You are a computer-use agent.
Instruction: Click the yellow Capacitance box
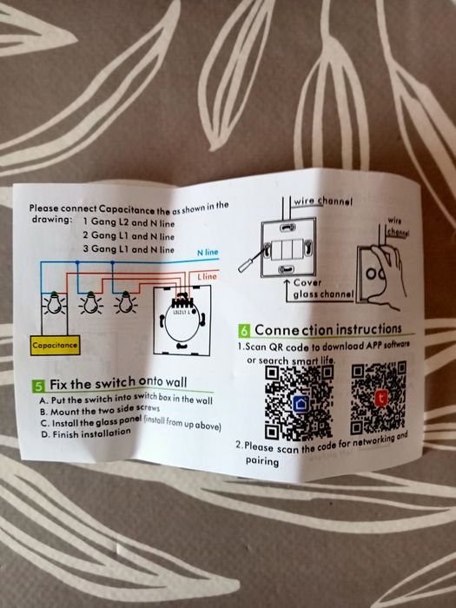55,345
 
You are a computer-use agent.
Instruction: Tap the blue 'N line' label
208,252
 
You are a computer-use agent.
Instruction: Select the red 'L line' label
207,275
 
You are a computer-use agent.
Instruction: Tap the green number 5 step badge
39,386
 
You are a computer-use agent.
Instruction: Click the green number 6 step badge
245,332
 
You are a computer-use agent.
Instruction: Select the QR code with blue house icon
298,401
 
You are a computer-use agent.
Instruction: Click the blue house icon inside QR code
300,403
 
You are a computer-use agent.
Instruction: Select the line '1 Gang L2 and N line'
129,222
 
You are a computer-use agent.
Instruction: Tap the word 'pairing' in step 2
261,461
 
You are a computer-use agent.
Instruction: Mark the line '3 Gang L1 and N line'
129,249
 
